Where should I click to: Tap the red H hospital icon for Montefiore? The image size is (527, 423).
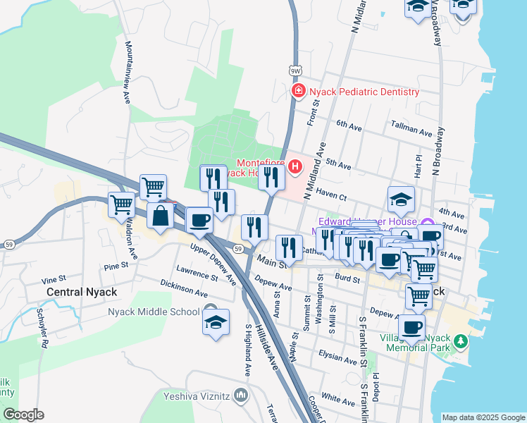(295, 167)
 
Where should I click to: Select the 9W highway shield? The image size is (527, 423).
(295, 70)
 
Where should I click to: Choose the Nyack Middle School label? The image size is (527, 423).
(154, 312)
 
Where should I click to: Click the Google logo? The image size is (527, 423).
(23, 415)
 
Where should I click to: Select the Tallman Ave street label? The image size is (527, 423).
(411, 132)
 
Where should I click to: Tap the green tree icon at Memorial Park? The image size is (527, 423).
(461, 341)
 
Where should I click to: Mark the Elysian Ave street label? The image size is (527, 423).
(338, 358)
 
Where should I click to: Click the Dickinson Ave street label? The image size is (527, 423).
(183, 287)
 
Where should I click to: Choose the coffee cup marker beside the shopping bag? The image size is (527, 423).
(199, 219)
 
